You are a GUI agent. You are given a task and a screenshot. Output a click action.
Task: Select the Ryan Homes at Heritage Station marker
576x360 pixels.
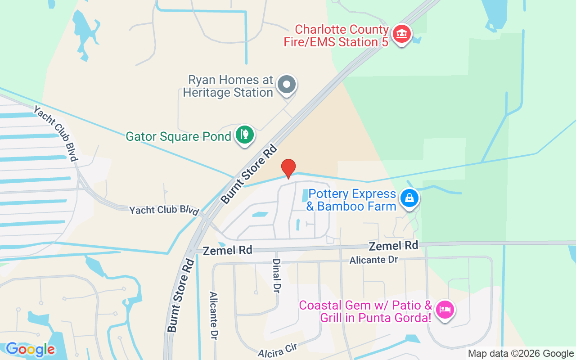pyautogui.click(x=286, y=85)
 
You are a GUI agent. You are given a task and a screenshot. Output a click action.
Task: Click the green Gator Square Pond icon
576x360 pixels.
pyautogui.click(x=245, y=135)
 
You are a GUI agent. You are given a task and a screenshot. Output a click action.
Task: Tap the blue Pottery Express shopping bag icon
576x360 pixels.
pyautogui.click(x=409, y=198)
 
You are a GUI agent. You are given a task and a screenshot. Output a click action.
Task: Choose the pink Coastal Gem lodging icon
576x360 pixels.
pyautogui.click(x=445, y=310)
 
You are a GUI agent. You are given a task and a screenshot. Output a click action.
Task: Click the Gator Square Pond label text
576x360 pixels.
pyautogui.click(x=178, y=136)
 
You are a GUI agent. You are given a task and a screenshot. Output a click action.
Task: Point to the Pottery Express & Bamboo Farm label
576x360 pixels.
pyautogui.click(x=351, y=200)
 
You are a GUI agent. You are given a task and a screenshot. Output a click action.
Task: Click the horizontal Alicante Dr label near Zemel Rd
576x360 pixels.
pyautogui.click(x=374, y=260)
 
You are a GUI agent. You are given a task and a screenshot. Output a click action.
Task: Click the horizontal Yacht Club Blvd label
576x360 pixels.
pyautogui.click(x=164, y=210)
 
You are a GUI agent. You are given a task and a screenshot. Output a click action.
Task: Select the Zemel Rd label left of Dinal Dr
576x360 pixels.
pyautogui.click(x=227, y=251)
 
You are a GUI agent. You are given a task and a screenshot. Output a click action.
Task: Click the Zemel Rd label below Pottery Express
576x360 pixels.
pyautogui.click(x=393, y=246)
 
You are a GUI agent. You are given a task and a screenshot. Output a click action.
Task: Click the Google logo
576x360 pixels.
pyautogui.click(x=30, y=349)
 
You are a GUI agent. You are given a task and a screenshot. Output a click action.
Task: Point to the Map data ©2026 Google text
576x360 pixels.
pyautogui.click(x=521, y=354)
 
